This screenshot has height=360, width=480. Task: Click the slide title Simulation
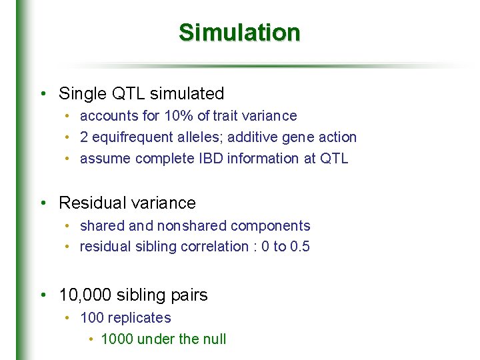tap(239, 32)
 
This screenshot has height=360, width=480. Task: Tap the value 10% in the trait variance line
tap(178, 116)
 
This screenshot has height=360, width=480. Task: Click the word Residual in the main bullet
tap(89, 203)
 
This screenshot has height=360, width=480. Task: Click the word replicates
tap(141, 318)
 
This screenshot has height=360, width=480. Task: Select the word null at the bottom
tap(215, 339)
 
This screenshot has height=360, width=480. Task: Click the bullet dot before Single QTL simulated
tap(43, 94)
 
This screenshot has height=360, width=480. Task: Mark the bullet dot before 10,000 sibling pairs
tap(43, 295)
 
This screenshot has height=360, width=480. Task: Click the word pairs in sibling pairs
tap(190, 295)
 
